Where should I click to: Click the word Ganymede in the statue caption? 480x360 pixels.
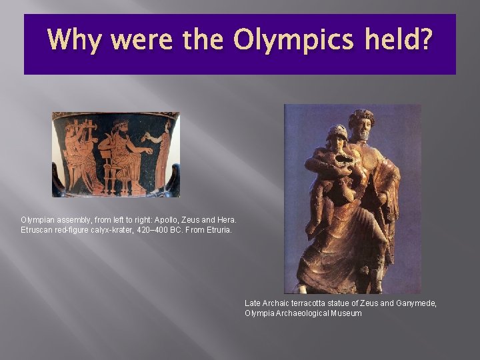click(x=416, y=303)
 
